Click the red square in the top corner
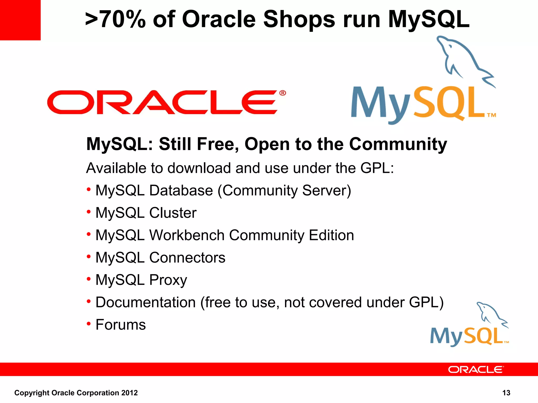[20, 20]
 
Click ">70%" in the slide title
[115, 19]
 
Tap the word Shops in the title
[299, 19]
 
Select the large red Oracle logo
[163, 102]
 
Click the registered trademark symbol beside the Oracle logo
[283, 93]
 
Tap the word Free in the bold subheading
[218, 144]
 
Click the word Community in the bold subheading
[398, 144]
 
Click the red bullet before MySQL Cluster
[89, 211]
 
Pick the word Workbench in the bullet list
[187, 235]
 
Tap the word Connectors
[187, 258]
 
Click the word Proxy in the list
[168, 280]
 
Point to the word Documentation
[146, 302]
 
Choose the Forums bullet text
[121, 325]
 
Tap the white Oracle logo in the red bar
[476, 369]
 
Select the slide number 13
[506, 393]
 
